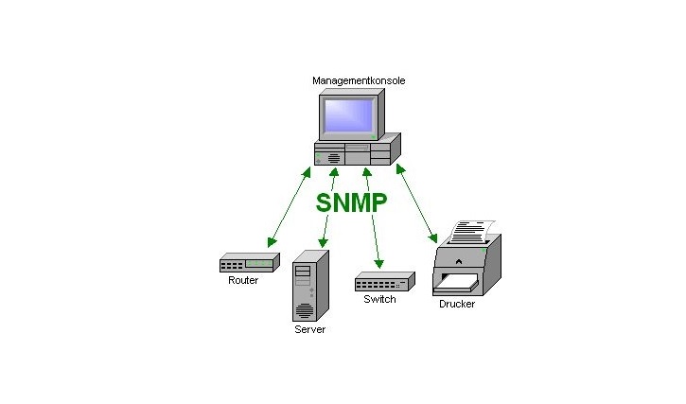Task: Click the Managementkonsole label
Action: tap(359, 81)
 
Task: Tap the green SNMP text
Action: tap(352, 202)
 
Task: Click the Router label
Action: tap(243, 281)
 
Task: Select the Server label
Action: tap(309, 330)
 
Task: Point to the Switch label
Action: tap(379, 300)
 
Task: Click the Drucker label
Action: tap(457, 305)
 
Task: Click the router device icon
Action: tap(249, 263)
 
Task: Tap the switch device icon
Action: tap(384, 282)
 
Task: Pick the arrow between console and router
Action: tap(290, 207)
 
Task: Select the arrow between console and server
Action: tap(328, 209)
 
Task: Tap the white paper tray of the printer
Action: tap(460, 281)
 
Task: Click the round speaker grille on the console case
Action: tap(332, 158)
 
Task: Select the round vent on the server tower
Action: tap(304, 309)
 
